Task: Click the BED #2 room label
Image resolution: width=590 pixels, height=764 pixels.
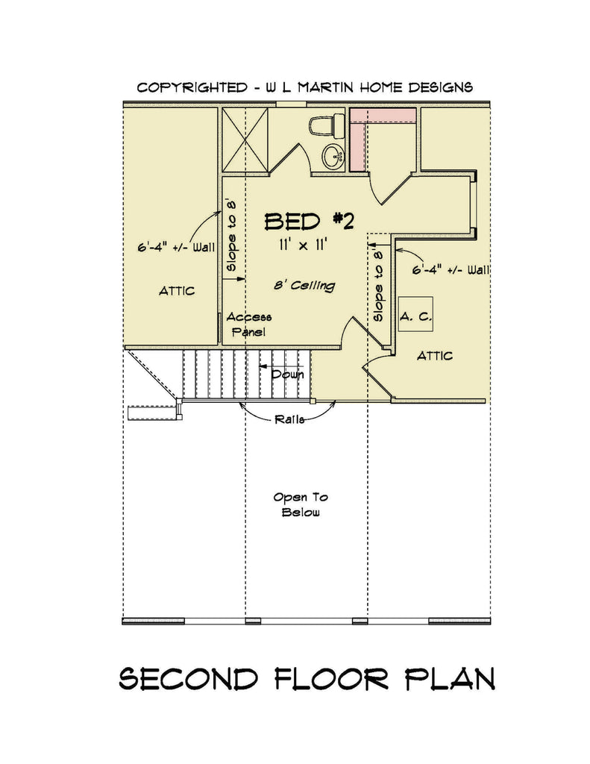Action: (x=309, y=221)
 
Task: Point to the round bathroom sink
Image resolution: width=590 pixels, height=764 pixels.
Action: (x=333, y=155)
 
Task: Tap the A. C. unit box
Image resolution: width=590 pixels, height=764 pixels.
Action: (x=415, y=316)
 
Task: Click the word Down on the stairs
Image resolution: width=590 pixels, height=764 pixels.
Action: (x=287, y=374)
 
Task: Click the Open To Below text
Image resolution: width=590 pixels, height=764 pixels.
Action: (x=301, y=504)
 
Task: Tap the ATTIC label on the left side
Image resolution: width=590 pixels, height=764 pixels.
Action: (x=177, y=290)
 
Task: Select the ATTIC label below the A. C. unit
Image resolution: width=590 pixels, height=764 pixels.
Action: (x=434, y=355)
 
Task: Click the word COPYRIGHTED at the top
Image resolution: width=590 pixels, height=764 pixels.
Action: (x=192, y=87)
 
